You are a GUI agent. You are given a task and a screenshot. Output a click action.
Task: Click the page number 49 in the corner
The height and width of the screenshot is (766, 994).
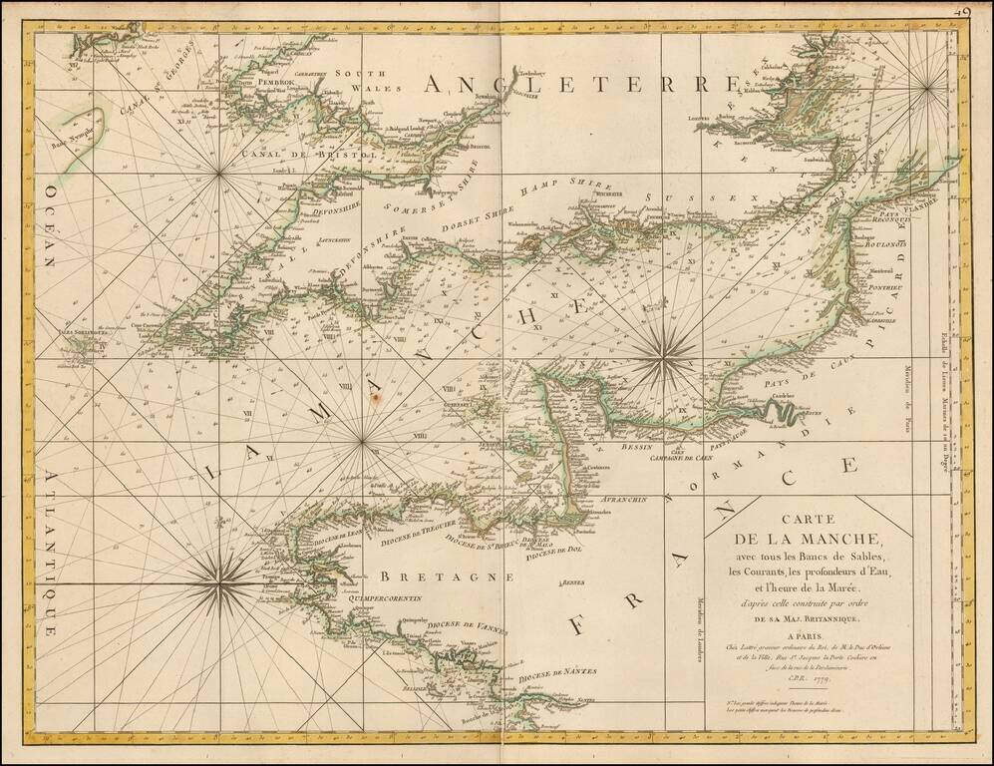(965, 12)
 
